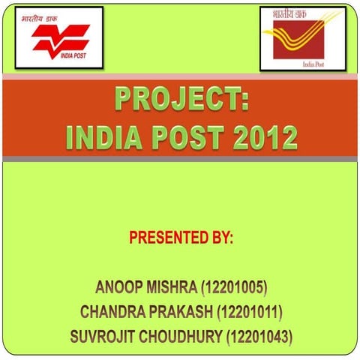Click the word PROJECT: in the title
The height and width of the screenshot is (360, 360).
pyautogui.click(x=181, y=100)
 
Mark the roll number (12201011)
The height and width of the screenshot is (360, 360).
pyautogui.click(x=251, y=310)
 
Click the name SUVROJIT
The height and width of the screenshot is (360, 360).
pyautogui.click(x=102, y=334)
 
